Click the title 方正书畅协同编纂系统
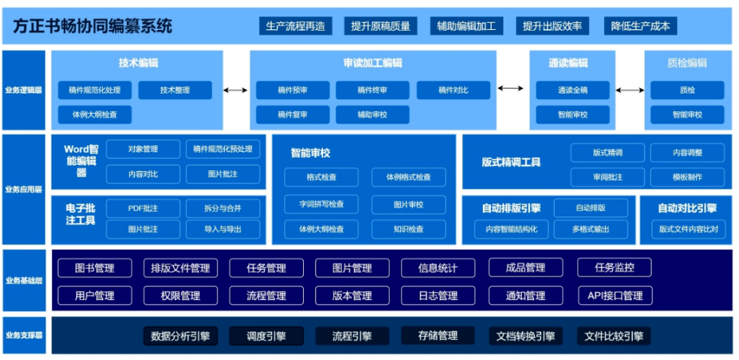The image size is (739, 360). pos(93,26)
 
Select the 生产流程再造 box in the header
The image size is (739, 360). pos(295,26)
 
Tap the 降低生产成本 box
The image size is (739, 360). pos(641,26)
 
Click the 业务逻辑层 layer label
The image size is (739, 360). pos(23,91)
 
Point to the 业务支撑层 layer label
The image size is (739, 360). pos(23,335)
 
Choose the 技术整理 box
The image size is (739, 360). pos(175,91)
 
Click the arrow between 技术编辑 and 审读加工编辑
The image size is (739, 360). pos(236,91)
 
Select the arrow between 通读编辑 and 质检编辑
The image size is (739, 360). pos(630,91)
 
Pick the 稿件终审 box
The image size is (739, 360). pos(372,91)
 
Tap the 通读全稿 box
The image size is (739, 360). pos(572,91)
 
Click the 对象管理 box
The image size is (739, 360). pos(143,149)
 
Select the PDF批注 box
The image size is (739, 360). pos(143,208)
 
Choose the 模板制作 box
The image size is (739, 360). pos(687,177)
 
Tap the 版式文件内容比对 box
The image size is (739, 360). pos(688,229)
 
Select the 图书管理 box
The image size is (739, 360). pos(94,268)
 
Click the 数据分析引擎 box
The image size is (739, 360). pos(180,335)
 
